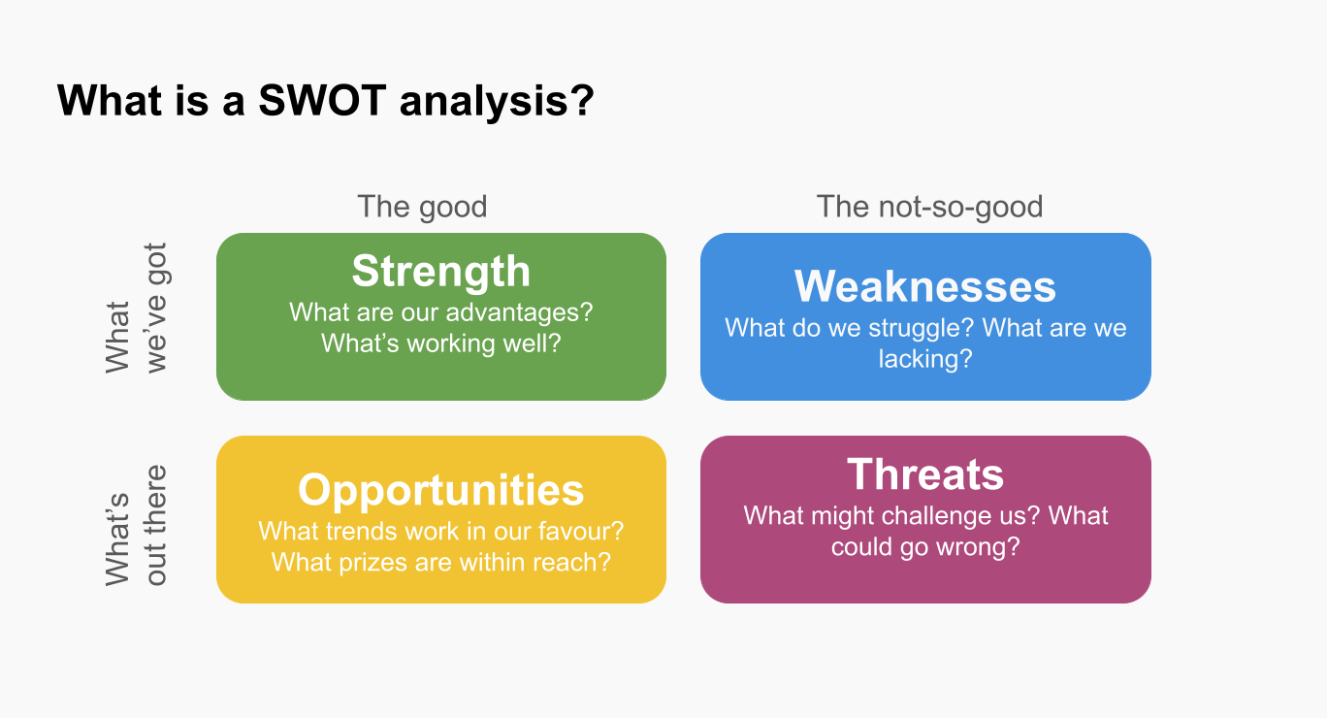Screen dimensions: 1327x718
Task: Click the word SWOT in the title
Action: click(x=322, y=100)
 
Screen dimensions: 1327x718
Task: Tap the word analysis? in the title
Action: click(x=497, y=101)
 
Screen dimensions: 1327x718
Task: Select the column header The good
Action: click(x=422, y=207)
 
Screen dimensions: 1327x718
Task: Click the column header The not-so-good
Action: click(x=929, y=207)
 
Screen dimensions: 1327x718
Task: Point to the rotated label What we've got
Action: click(x=136, y=308)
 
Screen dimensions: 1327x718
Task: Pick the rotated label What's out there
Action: click(x=136, y=526)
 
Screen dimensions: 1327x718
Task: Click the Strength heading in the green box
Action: click(x=440, y=272)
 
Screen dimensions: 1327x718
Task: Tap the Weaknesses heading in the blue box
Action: click(x=924, y=287)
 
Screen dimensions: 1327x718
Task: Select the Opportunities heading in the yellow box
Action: click(x=440, y=490)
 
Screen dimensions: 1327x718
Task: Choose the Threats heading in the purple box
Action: click(x=925, y=474)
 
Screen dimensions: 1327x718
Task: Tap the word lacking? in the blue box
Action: click(x=925, y=359)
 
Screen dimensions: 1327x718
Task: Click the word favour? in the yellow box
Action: click(x=581, y=531)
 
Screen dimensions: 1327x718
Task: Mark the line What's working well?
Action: click(x=440, y=343)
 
